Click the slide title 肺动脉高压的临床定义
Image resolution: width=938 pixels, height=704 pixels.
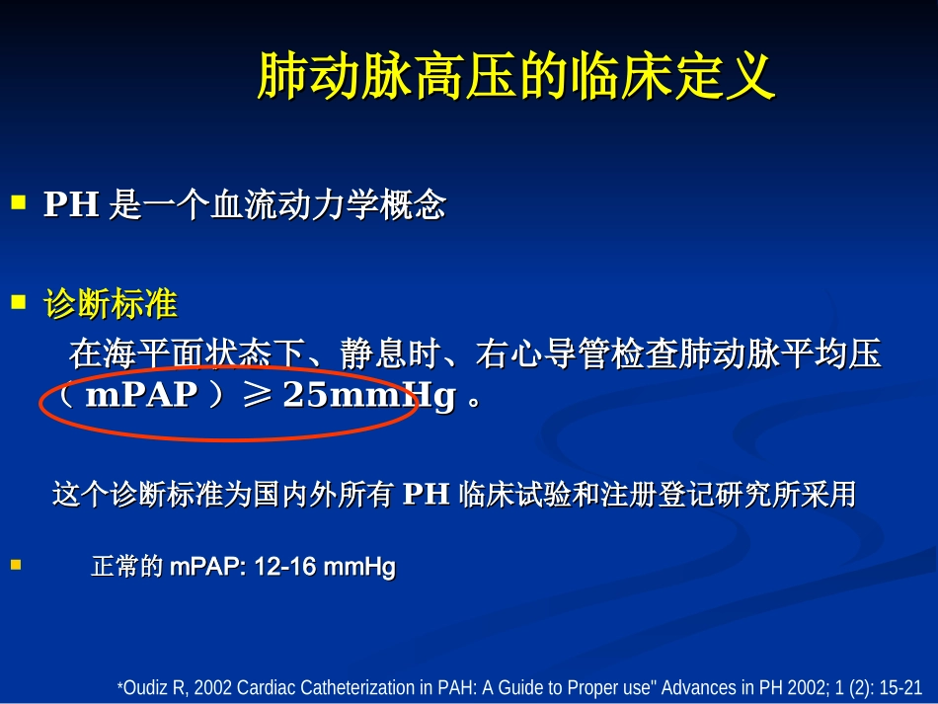click(x=515, y=76)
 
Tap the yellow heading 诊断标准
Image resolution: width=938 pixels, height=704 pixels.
click(x=111, y=304)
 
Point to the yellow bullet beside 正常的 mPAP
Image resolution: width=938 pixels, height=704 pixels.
click(x=17, y=565)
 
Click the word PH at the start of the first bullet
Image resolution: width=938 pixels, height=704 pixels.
click(x=72, y=205)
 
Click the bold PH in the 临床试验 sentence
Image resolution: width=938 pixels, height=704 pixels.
click(x=427, y=495)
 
